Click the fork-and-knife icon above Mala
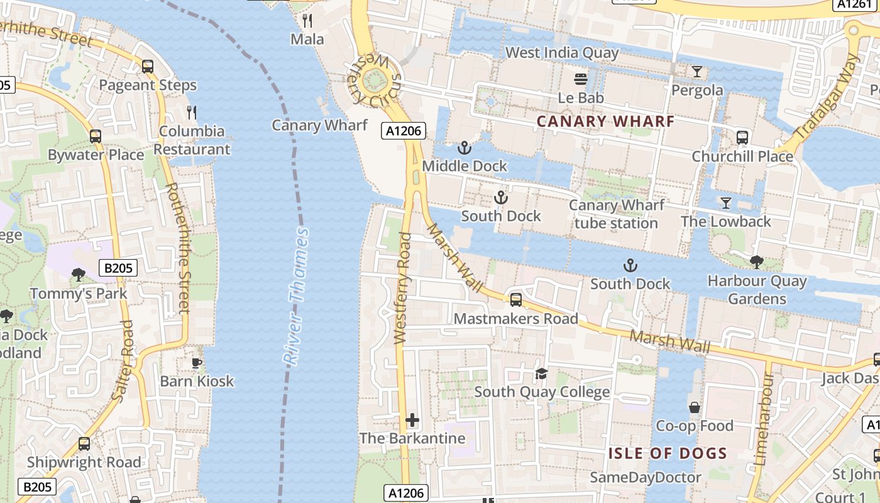[307, 21]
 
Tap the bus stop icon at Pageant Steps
[148, 66]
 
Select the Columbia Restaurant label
[192, 140]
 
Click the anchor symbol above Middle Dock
[464, 148]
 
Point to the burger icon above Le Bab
[581, 79]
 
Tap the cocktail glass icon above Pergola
[697, 72]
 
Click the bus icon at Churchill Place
[742, 137]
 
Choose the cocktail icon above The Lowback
[726, 202]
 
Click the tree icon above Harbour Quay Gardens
[757, 262]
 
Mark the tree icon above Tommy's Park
[79, 275]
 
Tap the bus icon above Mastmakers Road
[516, 299]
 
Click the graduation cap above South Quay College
[541, 374]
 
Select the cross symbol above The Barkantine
[412, 419]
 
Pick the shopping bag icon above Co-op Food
[695, 407]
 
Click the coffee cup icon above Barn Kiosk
[197, 362]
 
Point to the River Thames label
[296, 296]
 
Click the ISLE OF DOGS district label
[668, 453]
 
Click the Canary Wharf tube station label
[617, 214]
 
